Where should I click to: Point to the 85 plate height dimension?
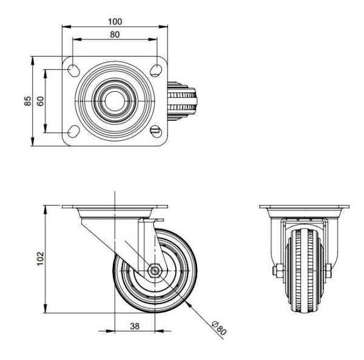point(27,101)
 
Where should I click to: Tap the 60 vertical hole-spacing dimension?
point(40,101)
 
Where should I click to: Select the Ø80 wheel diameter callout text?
point(219,328)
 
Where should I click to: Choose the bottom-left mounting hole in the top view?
point(73,132)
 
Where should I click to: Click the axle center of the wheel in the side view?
point(154,271)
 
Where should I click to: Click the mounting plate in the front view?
point(302,208)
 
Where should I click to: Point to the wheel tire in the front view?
point(302,273)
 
